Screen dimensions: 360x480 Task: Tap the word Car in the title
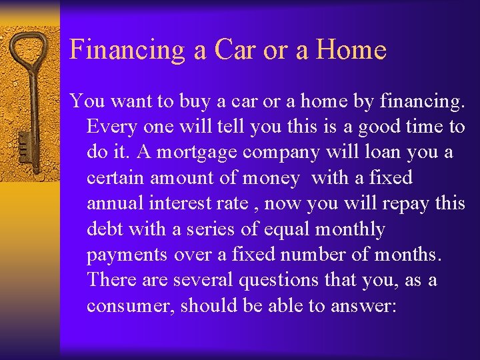tap(232, 50)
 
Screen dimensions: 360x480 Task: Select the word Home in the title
tap(352, 50)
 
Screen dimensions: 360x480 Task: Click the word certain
tap(115, 178)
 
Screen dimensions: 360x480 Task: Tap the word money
tap(269, 178)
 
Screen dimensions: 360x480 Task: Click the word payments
tap(127, 255)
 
